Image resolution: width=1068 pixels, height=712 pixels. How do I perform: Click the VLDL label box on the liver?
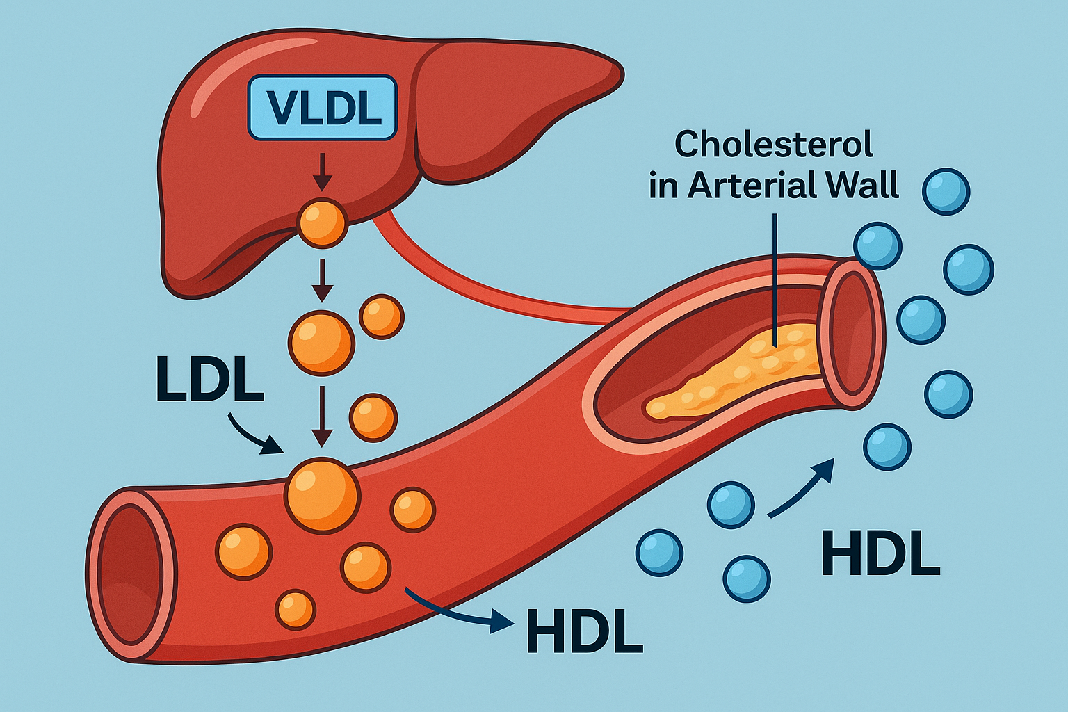click(x=322, y=108)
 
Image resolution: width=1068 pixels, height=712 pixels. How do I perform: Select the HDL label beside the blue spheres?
click(x=880, y=554)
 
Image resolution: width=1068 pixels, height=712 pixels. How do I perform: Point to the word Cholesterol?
click(x=773, y=145)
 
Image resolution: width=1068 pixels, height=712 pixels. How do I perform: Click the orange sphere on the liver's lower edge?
click(x=322, y=222)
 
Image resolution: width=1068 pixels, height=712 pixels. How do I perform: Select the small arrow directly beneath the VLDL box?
click(x=321, y=172)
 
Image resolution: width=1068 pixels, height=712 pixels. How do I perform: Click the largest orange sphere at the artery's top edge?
click(x=323, y=495)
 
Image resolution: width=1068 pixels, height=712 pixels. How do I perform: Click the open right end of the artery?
click(x=851, y=334)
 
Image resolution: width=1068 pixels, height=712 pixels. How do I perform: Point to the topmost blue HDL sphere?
click(x=946, y=191)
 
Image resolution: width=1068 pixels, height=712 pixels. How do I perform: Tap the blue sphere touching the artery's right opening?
click(x=877, y=246)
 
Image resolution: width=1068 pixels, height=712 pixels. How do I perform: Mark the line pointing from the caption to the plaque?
click(x=774, y=278)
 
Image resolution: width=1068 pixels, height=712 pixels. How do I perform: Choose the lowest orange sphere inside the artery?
click(x=296, y=609)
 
